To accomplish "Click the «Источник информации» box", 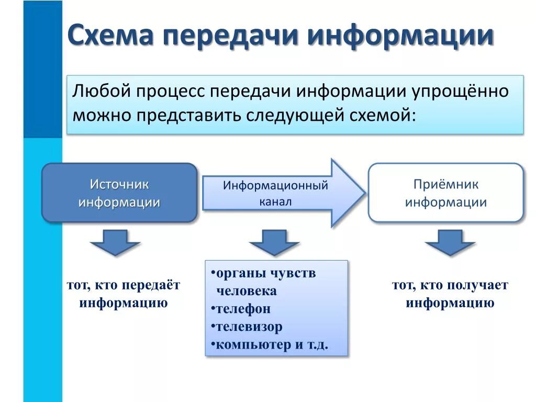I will (x=119, y=193).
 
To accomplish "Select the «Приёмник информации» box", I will (x=446, y=193).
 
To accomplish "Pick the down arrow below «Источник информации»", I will (x=115, y=241).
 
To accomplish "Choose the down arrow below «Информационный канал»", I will (x=274, y=241).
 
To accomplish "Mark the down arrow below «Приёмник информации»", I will (x=450, y=241).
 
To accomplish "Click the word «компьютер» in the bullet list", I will (x=247, y=345).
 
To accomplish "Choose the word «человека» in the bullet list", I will (x=247, y=291).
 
